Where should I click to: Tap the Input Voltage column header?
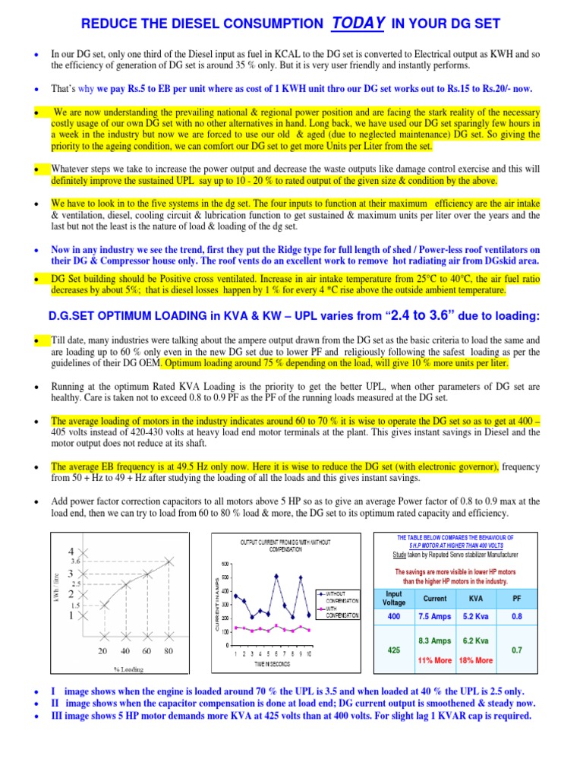395,597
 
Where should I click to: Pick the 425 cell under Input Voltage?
395,650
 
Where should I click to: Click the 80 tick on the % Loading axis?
168,651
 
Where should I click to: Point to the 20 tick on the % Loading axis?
102,651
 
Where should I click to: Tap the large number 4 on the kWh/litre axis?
71,551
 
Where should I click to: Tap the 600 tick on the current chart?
225,563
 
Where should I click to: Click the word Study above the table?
389,555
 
